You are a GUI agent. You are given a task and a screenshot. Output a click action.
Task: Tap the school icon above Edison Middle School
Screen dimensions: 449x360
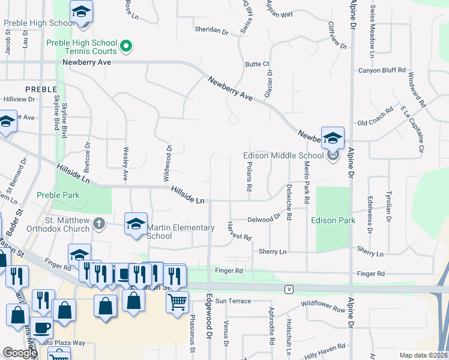(x=333, y=139)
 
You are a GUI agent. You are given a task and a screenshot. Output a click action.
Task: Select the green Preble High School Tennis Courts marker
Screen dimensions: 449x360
(x=126, y=45)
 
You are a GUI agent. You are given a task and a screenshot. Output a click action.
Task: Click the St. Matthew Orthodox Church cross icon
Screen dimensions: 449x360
(x=100, y=224)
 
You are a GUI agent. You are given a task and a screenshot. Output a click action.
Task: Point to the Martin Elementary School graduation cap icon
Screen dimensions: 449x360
(x=136, y=224)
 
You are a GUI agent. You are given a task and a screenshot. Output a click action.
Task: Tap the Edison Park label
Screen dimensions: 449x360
(x=333, y=220)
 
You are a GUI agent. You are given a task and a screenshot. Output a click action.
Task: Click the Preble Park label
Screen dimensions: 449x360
(x=58, y=195)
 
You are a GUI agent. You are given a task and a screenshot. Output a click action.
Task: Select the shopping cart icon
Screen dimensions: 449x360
(x=177, y=303)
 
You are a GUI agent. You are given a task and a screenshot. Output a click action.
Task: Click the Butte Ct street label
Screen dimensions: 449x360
(x=257, y=64)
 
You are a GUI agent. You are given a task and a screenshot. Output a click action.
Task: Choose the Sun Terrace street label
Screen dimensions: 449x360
(x=233, y=301)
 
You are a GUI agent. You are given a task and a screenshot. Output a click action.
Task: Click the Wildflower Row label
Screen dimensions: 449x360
(x=324, y=308)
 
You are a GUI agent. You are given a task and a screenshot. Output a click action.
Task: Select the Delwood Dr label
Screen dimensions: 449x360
(x=264, y=219)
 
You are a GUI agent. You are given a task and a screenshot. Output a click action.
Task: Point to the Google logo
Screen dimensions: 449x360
(x=20, y=353)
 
